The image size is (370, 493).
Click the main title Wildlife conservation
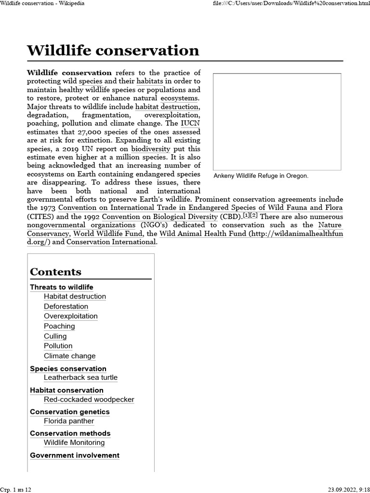point(113,51)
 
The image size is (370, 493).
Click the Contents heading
point(55,272)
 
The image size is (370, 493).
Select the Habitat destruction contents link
point(75,297)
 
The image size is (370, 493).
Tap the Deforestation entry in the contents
point(66,307)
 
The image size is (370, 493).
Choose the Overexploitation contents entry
point(71,316)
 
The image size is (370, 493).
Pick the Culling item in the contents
point(55,336)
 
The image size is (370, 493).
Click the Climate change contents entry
point(70,356)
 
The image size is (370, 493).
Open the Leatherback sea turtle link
point(80,378)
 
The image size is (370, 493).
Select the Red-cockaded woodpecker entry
point(89,400)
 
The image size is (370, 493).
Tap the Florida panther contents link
point(69,421)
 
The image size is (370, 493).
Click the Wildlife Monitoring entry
point(74,443)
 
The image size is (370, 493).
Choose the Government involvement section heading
point(75,455)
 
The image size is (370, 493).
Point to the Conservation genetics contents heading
point(70,412)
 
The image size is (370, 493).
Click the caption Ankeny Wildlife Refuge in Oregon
point(261,176)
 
